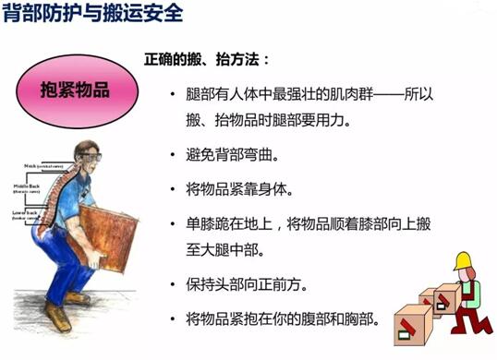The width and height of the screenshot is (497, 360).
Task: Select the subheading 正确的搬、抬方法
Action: (206, 59)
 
